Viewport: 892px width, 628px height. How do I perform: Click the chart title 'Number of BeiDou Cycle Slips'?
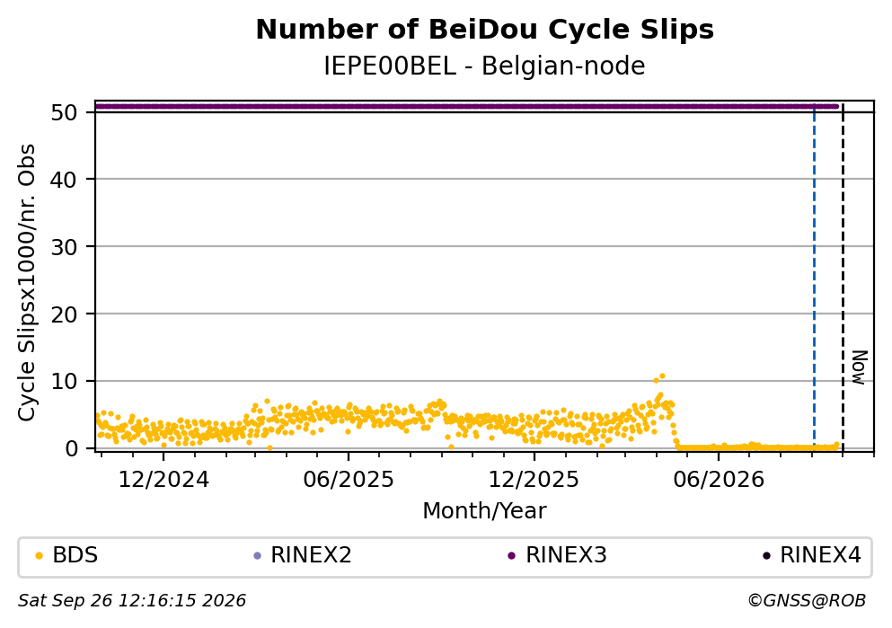click(x=485, y=30)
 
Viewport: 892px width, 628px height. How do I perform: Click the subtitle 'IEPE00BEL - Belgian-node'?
click(x=485, y=66)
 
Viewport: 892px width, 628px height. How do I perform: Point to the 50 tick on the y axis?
click(x=64, y=112)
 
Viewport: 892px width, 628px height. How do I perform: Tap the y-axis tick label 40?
click(x=64, y=180)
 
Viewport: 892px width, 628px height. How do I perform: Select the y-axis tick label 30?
click(x=64, y=247)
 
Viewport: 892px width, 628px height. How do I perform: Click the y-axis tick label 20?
click(x=64, y=314)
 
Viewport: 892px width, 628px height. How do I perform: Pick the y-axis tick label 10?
click(x=64, y=381)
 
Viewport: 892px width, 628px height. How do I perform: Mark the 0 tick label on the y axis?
click(x=71, y=448)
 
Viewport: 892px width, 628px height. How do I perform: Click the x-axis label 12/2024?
click(x=163, y=480)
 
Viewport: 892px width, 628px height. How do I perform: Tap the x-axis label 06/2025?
click(x=349, y=480)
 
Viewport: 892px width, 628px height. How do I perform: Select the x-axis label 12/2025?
click(x=534, y=480)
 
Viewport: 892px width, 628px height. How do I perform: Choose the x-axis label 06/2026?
click(x=719, y=480)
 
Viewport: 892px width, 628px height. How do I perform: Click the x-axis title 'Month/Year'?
click(x=485, y=511)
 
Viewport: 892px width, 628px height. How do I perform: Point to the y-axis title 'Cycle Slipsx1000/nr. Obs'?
click(x=27, y=283)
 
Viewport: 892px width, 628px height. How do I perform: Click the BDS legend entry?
click(x=66, y=555)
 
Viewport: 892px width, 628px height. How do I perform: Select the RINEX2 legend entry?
click(x=303, y=555)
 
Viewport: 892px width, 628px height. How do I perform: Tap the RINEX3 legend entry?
click(x=558, y=555)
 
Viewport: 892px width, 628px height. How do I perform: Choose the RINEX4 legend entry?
click(x=812, y=555)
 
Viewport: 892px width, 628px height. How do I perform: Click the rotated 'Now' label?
click(x=859, y=367)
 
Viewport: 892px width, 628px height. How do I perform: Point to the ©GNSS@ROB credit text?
click(x=807, y=601)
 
